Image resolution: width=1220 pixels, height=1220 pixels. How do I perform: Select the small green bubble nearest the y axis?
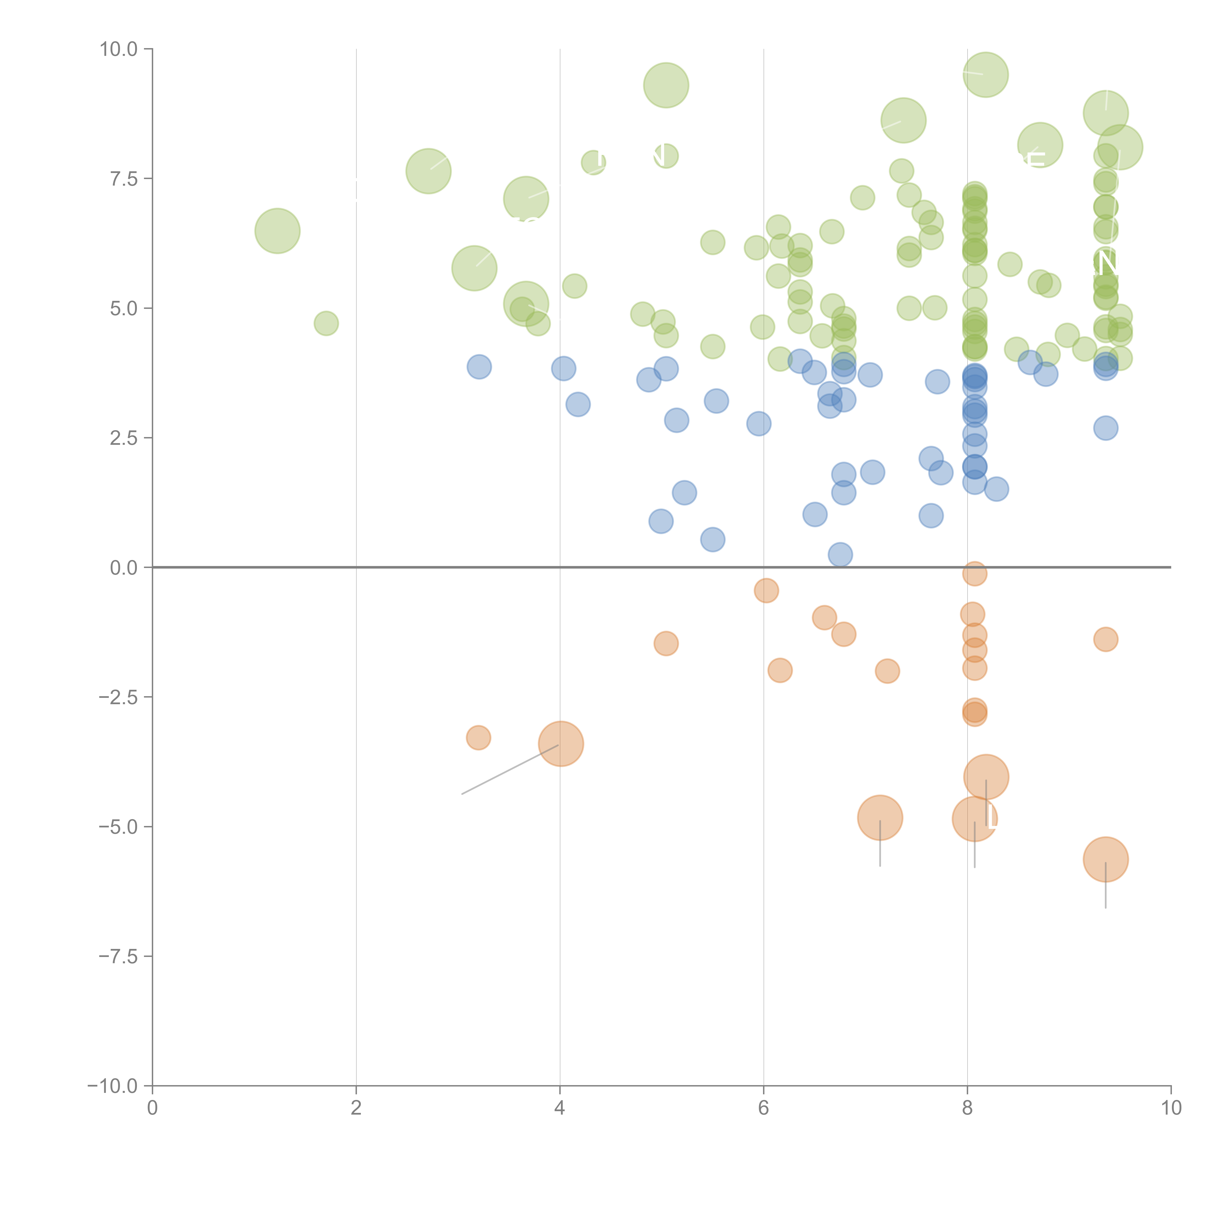326,323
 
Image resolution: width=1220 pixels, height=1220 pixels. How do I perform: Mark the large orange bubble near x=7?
880,818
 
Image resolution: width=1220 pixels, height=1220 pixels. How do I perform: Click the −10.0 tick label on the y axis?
114,1086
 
